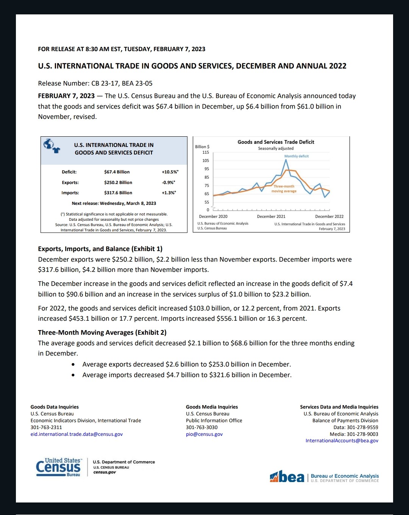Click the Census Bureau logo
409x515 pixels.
click(59, 467)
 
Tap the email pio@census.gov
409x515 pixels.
click(204, 434)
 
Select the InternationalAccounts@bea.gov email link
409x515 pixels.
click(342, 441)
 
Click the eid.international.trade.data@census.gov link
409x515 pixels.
click(76, 434)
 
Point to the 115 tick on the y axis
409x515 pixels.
click(206, 152)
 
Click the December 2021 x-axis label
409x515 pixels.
click(271, 217)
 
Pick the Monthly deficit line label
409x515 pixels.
click(296, 156)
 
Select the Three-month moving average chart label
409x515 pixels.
click(284, 189)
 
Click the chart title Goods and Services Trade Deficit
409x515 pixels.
click(276, 142)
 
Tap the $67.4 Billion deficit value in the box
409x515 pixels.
click(117, 172)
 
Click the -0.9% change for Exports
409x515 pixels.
click(169, 183)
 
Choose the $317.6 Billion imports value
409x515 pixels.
click(118, 193)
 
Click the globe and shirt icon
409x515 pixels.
click(51, 145)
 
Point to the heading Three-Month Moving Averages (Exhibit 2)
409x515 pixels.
click(102, 332)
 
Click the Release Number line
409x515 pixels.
click(95, 83)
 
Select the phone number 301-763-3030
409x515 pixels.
click(201, 427)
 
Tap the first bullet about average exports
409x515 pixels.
click(186, 364)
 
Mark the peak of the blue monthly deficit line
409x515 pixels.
click(286, 160)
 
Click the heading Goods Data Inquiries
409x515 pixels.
click(55, 407)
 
